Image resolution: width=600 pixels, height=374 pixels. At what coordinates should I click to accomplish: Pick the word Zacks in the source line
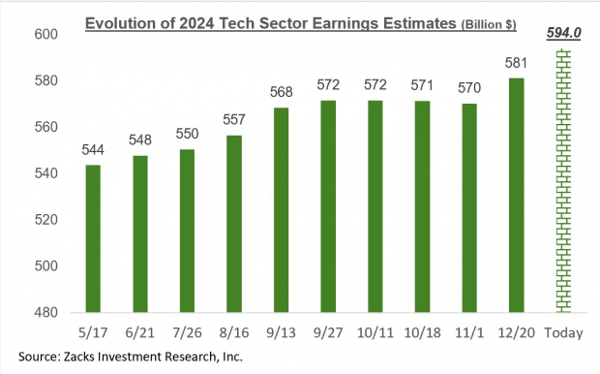click(x=85, y=356)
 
